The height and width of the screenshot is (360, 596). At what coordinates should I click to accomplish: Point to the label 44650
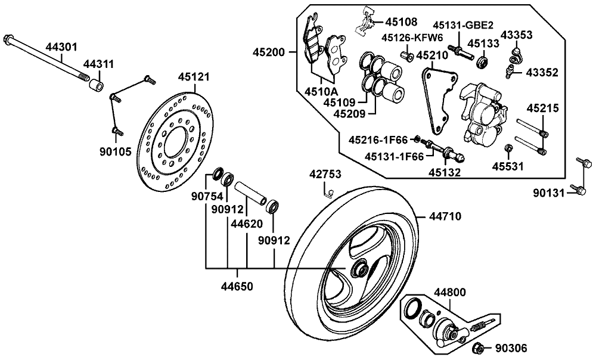[237, 287]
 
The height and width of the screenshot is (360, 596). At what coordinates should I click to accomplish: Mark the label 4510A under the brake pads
[321, 91]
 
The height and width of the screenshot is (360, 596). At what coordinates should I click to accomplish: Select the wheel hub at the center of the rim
[359, 269]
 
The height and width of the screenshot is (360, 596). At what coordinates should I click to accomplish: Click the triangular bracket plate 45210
[438, 98]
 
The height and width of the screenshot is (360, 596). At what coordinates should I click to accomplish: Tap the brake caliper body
[483, 113]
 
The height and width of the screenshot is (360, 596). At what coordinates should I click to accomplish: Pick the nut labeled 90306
[477, 347]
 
